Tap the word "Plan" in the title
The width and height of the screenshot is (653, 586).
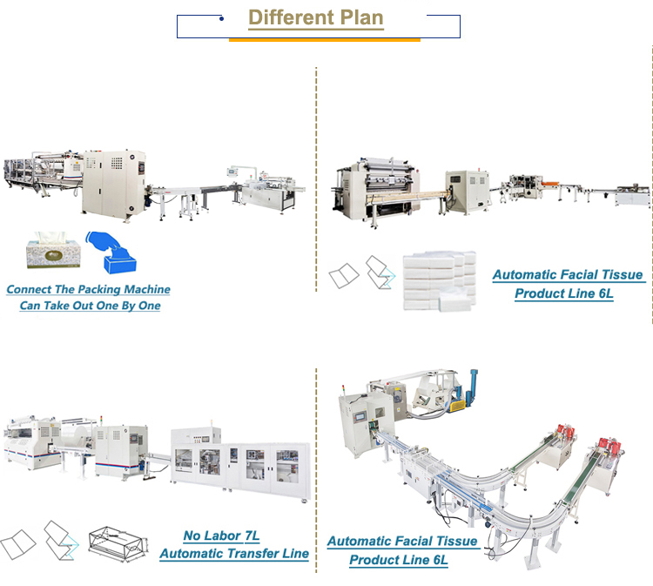(358, 17)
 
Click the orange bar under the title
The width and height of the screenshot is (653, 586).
(324, 39)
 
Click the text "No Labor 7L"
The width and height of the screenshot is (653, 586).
(221, 536)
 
